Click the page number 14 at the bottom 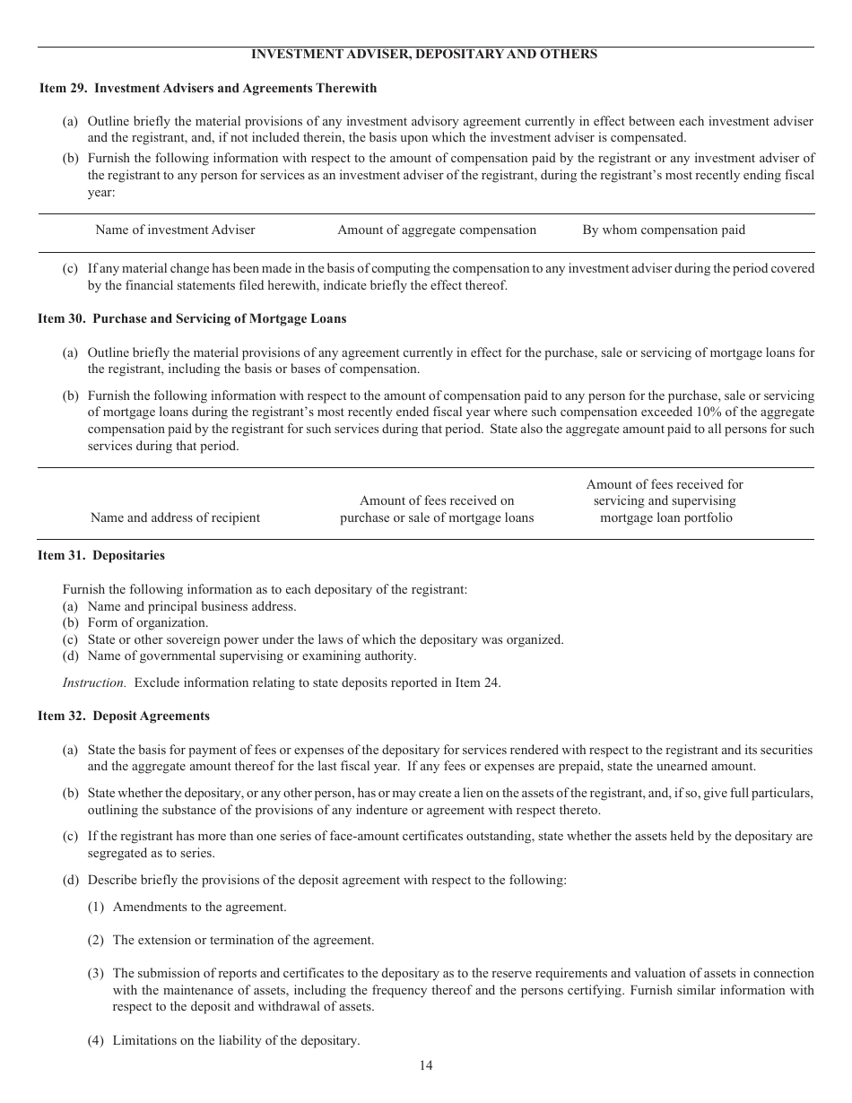(425, 1065)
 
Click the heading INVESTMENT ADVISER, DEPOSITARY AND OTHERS (424, 54)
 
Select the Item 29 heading (208, 88)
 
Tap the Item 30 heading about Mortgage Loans (192, 318)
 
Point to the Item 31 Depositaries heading (101, 555)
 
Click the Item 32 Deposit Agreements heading (124, 716)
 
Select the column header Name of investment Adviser (175, 230)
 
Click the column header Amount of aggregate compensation (437, 230)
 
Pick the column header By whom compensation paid (664, 230)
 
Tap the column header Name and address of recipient (175, 517)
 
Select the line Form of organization (147, 622)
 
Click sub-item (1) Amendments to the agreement (199, 907)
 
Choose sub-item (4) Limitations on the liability (235, 1040)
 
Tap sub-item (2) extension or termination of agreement (242, 940)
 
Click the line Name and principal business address (191, 606)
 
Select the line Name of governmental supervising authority (251, 656)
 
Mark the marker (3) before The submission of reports (96, 973)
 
